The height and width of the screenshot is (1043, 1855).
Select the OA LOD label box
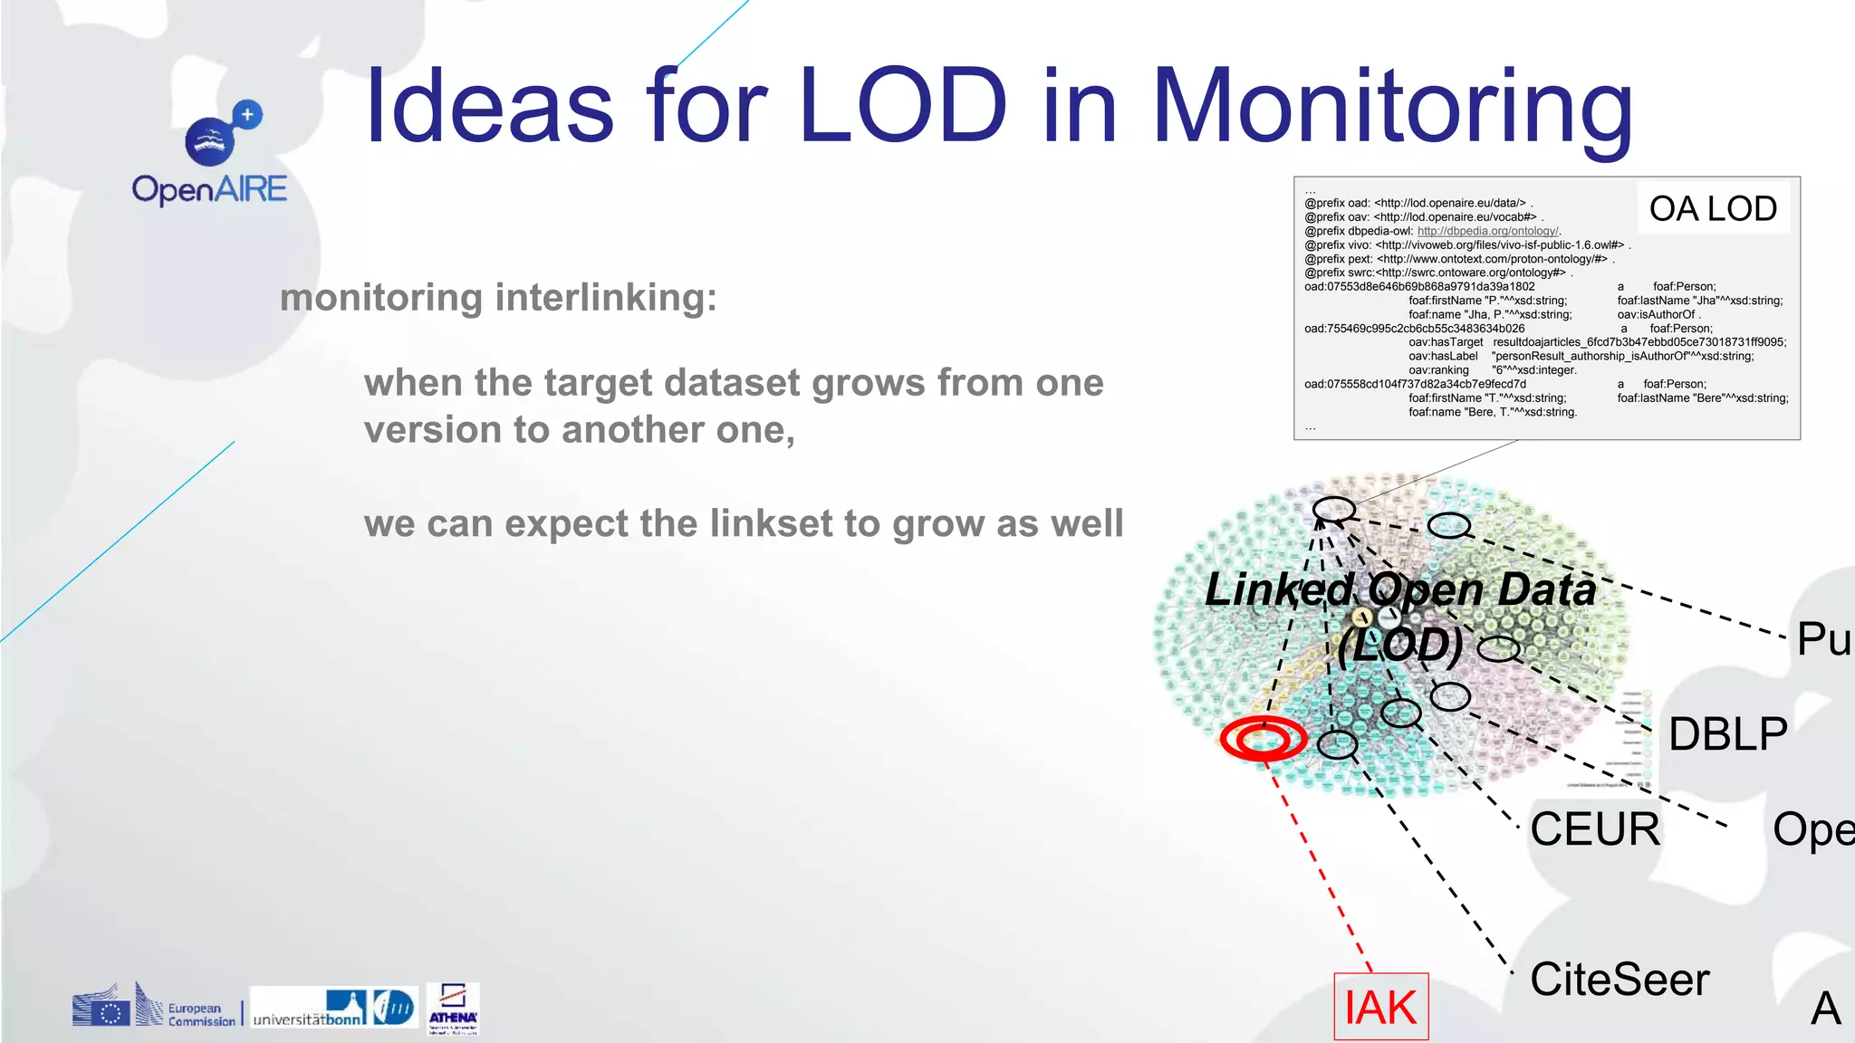(x=1712, y=209)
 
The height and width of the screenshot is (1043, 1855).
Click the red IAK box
(x=1380, y=1007)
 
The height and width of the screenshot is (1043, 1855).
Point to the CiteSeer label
(x=1620, y=980)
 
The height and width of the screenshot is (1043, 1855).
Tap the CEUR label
(x=1595, y=829)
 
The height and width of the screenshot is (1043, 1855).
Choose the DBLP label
(x=1727, y=733)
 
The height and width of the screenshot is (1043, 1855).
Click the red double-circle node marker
(x=1263, y=739)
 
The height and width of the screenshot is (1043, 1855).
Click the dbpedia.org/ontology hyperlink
(x=1487, y=231)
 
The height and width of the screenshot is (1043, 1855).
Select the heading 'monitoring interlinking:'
(x=498, y=297)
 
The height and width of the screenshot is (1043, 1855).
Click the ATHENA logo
(x=453, y=1008)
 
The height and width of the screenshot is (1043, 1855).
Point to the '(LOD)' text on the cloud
(x=1400, y=645)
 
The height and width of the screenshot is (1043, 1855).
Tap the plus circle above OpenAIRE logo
(x=247, y=114)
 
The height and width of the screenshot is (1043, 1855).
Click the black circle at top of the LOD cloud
(x=1334, y=509)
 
